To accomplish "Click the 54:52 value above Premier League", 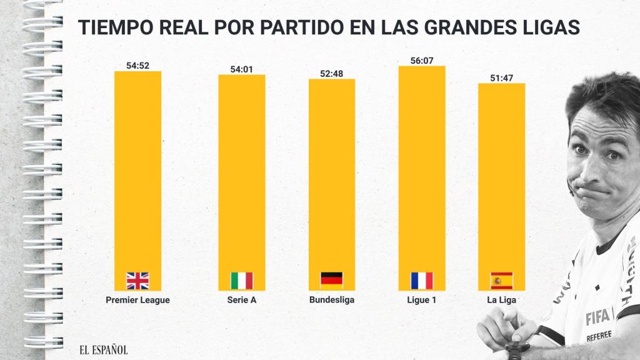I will pos(137,66).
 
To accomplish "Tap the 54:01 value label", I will pos(241,69).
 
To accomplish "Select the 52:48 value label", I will pos(331,73).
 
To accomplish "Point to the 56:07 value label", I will pos(421,61).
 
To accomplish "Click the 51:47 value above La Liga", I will pos(501,77).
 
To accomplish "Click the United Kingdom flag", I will pos(137,281).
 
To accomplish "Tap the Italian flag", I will pos(241,281).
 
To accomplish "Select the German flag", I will pos(331,281).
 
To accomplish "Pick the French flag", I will pos(421,281).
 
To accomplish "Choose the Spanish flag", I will pos(501,281).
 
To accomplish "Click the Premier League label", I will pos(137,300).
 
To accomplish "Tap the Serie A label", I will pos(241,300).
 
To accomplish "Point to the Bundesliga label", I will pos(331,300).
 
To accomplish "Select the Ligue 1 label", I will pos(421,300).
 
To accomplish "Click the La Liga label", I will pos(501,300).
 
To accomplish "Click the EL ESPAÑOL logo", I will pos(102,350).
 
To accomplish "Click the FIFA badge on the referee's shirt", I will pos(598,318).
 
